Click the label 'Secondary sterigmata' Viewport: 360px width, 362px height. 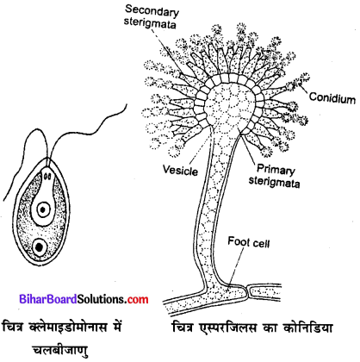[147, 16]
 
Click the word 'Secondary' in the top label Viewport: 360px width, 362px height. [148, 9]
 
